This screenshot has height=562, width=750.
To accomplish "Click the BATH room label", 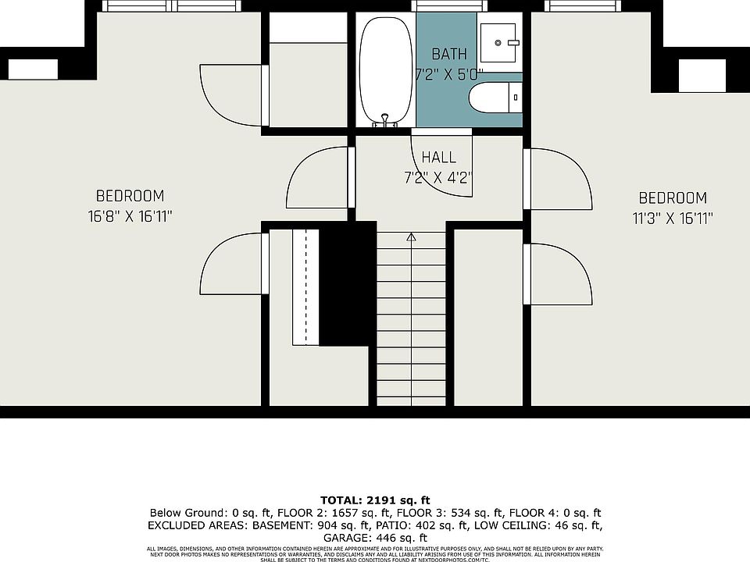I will [x=449, y=54].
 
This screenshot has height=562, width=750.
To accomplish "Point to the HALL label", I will [x=439, y=157].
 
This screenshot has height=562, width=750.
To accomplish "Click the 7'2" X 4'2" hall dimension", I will [x=438, y=177].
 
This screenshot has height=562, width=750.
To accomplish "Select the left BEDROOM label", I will [x=130, y=196].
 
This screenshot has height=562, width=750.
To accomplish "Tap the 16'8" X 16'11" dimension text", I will [x=130, y=216].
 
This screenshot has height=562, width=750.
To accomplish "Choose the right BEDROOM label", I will [x=672, y=198].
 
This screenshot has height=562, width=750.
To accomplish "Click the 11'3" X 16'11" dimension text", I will [x=672, y=219].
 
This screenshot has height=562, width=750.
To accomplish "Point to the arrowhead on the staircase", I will [x=411, y=237].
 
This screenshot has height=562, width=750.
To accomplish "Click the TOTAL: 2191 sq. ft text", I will [x=375, y=500].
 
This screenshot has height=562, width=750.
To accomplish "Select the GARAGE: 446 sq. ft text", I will [x=375, y=538].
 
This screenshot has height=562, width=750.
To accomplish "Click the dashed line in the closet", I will [x=306, y=285].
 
